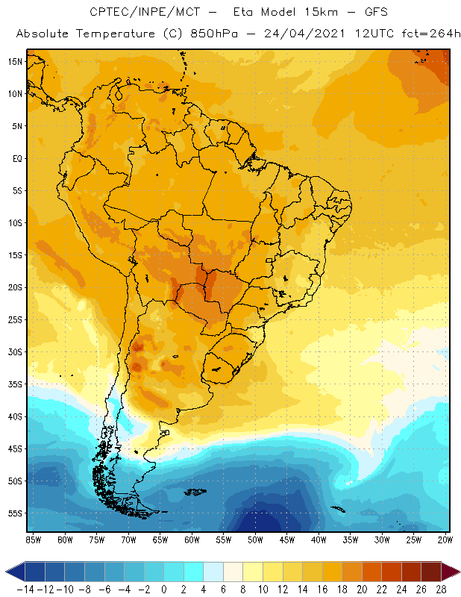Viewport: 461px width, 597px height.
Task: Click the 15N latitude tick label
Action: [x=15, y=61]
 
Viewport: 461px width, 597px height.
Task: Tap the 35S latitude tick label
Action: [x=15, y=384]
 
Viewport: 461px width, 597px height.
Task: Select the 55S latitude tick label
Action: [x=15, y=513]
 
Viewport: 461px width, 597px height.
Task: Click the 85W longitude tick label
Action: [x=33, y=539]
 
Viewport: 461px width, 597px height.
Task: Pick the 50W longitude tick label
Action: [x=256, y=539]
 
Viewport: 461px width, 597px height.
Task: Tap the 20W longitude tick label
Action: [x=445, y=539]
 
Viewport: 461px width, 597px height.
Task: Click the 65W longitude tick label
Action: [x=160, y=539]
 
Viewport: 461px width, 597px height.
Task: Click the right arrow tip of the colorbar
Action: [x=456, y=572]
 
